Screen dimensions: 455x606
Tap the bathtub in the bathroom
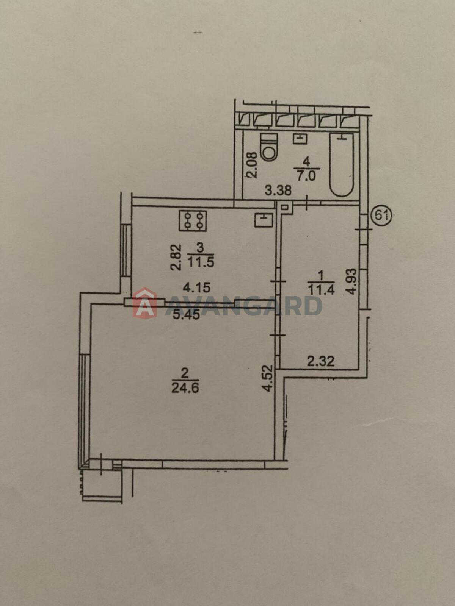coord(342,164)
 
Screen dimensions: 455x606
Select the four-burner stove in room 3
coord(193,220)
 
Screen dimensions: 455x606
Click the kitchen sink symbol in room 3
coord(264,220)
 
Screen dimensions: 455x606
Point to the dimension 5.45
coord(186,315)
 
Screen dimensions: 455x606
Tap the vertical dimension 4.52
coord(268,378)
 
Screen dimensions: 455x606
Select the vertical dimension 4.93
coord(352,282)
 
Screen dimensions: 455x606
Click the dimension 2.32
coord(321,361)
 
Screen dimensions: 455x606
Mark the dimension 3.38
coord(278,190)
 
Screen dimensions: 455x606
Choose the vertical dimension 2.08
coord(254,165)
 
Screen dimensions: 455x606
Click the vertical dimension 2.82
coord(177,257)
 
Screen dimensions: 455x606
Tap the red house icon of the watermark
coord(144,303)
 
